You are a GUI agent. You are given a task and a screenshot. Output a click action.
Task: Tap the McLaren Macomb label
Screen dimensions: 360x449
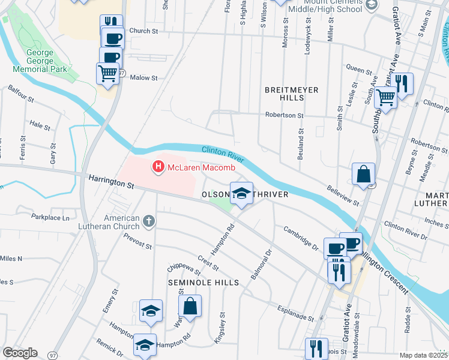[192, 167]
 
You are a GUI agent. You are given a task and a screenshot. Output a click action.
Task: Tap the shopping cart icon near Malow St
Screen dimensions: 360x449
[107, 73]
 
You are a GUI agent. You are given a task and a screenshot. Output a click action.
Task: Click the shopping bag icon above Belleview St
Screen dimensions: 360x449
[364, 174]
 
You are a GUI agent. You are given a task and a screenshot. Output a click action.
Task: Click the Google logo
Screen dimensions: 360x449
[20, 353]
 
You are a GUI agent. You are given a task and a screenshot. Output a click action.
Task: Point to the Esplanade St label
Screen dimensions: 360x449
[295, 313]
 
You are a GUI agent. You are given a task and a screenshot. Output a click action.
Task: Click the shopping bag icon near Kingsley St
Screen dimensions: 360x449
[190, 307]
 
